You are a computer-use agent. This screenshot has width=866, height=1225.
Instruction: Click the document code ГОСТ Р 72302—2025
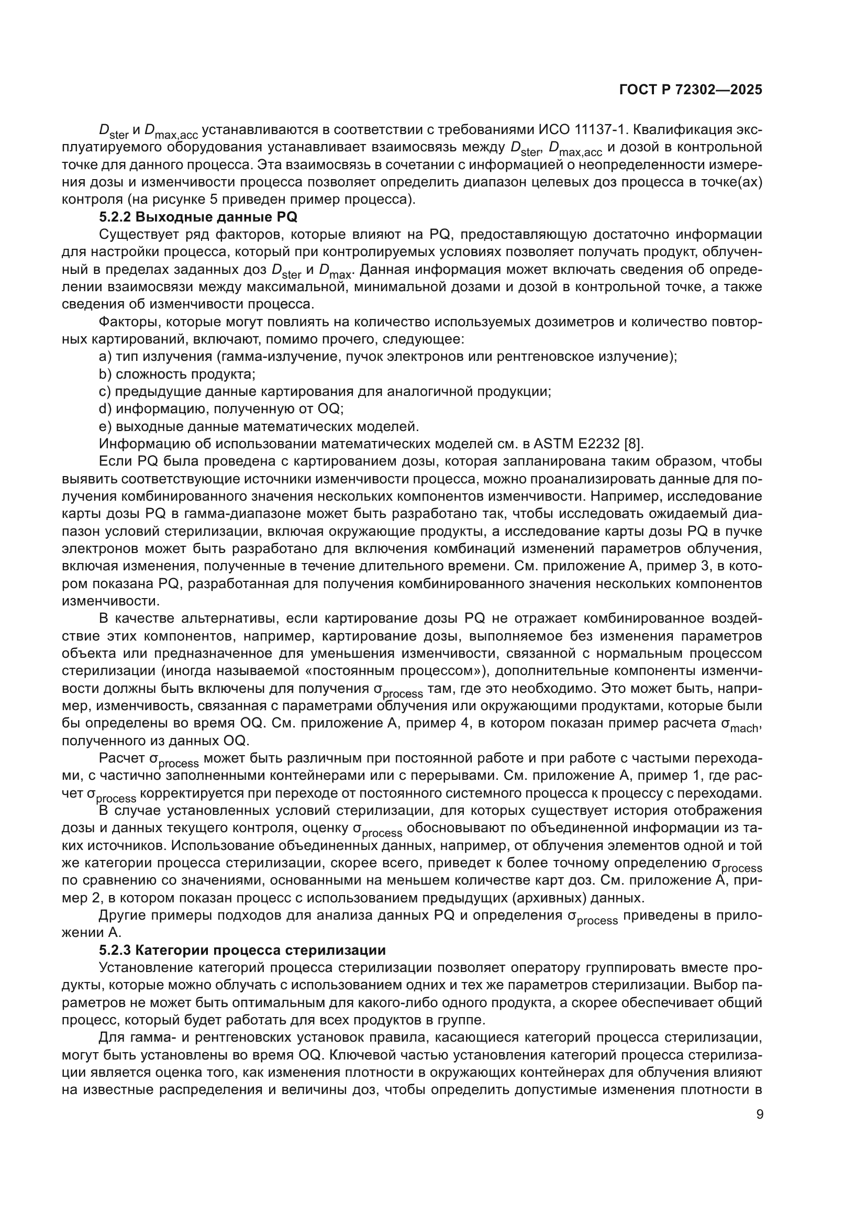coord(691,90)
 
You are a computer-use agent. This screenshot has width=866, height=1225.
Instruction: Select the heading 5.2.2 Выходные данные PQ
coord(198,217)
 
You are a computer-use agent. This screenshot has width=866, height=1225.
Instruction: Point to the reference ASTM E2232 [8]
coord(588,444)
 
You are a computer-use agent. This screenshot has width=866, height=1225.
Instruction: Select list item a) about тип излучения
coord(387,357)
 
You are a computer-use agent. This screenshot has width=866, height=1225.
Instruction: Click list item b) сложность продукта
coord(177,374)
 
